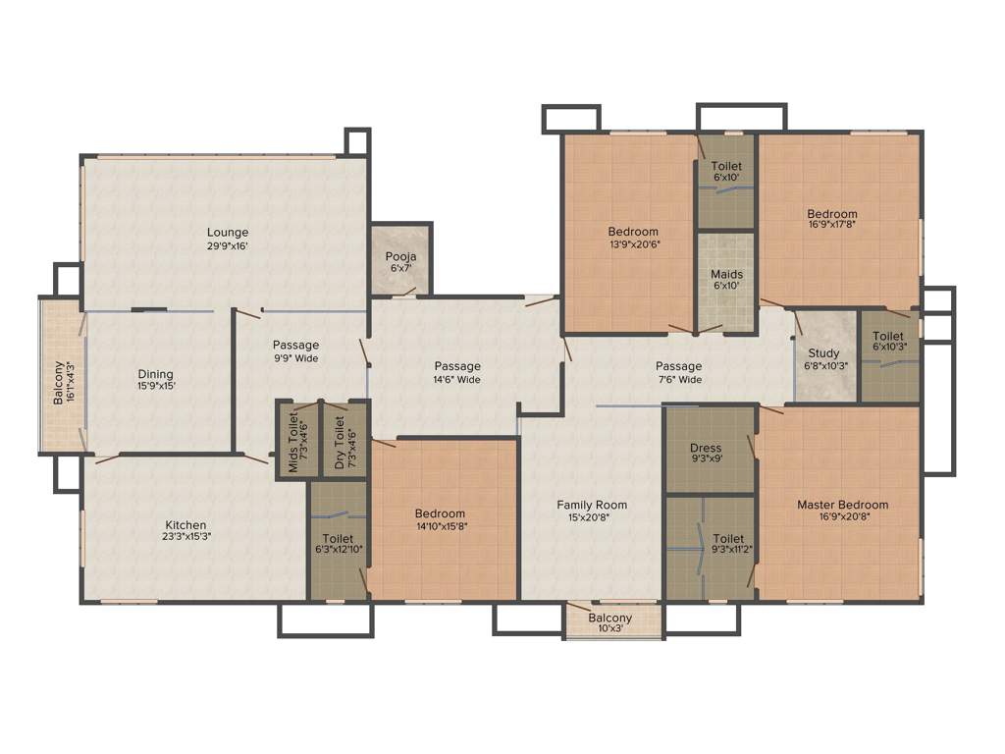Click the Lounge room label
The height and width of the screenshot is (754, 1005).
click(227, 233)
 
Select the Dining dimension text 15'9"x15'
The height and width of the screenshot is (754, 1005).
click(155, 386)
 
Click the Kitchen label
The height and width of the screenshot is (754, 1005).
click(185, 524)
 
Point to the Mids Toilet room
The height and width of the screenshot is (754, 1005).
click(296, 439)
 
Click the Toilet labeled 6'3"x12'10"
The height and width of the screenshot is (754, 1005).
click(338, 544)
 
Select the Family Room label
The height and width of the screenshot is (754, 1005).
click(592, 505)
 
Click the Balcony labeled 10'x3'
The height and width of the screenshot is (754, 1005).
click(610, 622)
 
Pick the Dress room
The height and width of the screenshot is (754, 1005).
click(706, 453)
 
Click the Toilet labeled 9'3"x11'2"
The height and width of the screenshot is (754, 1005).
click(728, 544)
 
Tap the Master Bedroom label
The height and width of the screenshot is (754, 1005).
click(842, 505)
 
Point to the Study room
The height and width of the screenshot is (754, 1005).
click(823, 358)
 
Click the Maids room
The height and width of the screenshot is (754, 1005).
click(726, 280)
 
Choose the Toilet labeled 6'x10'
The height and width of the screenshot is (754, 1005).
click(727, 172)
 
